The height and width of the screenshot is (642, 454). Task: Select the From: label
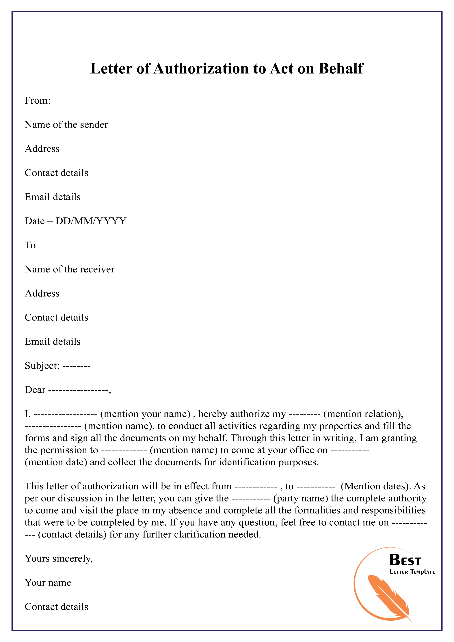38,100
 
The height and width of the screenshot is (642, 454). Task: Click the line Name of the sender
66,124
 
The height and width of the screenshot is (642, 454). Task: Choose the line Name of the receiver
70,269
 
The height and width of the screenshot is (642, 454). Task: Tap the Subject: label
42,365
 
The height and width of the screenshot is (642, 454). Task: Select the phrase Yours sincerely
59,558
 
